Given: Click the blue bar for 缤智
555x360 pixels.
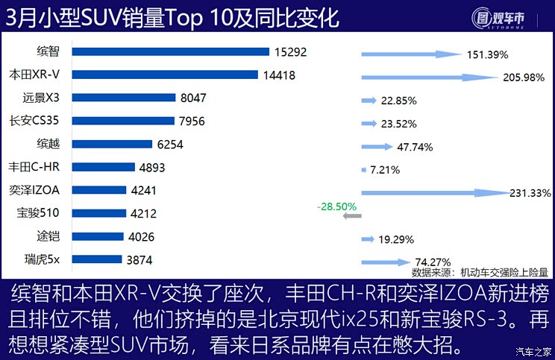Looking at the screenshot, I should click(172, 51).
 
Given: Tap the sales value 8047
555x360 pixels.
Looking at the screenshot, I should click(193, 98).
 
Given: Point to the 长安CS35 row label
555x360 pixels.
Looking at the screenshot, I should click(34, 121).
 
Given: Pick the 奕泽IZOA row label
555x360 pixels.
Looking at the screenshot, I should click(34, 190).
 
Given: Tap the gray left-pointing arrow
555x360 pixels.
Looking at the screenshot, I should click(351, 216).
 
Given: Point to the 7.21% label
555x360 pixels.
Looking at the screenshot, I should click(385, 170).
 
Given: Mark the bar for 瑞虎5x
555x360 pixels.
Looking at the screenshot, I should click(98, 259).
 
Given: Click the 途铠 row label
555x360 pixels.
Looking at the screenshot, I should click(48, 236).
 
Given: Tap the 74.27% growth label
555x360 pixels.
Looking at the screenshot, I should click(433, 262).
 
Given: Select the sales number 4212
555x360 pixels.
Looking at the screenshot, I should click(143, 214).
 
